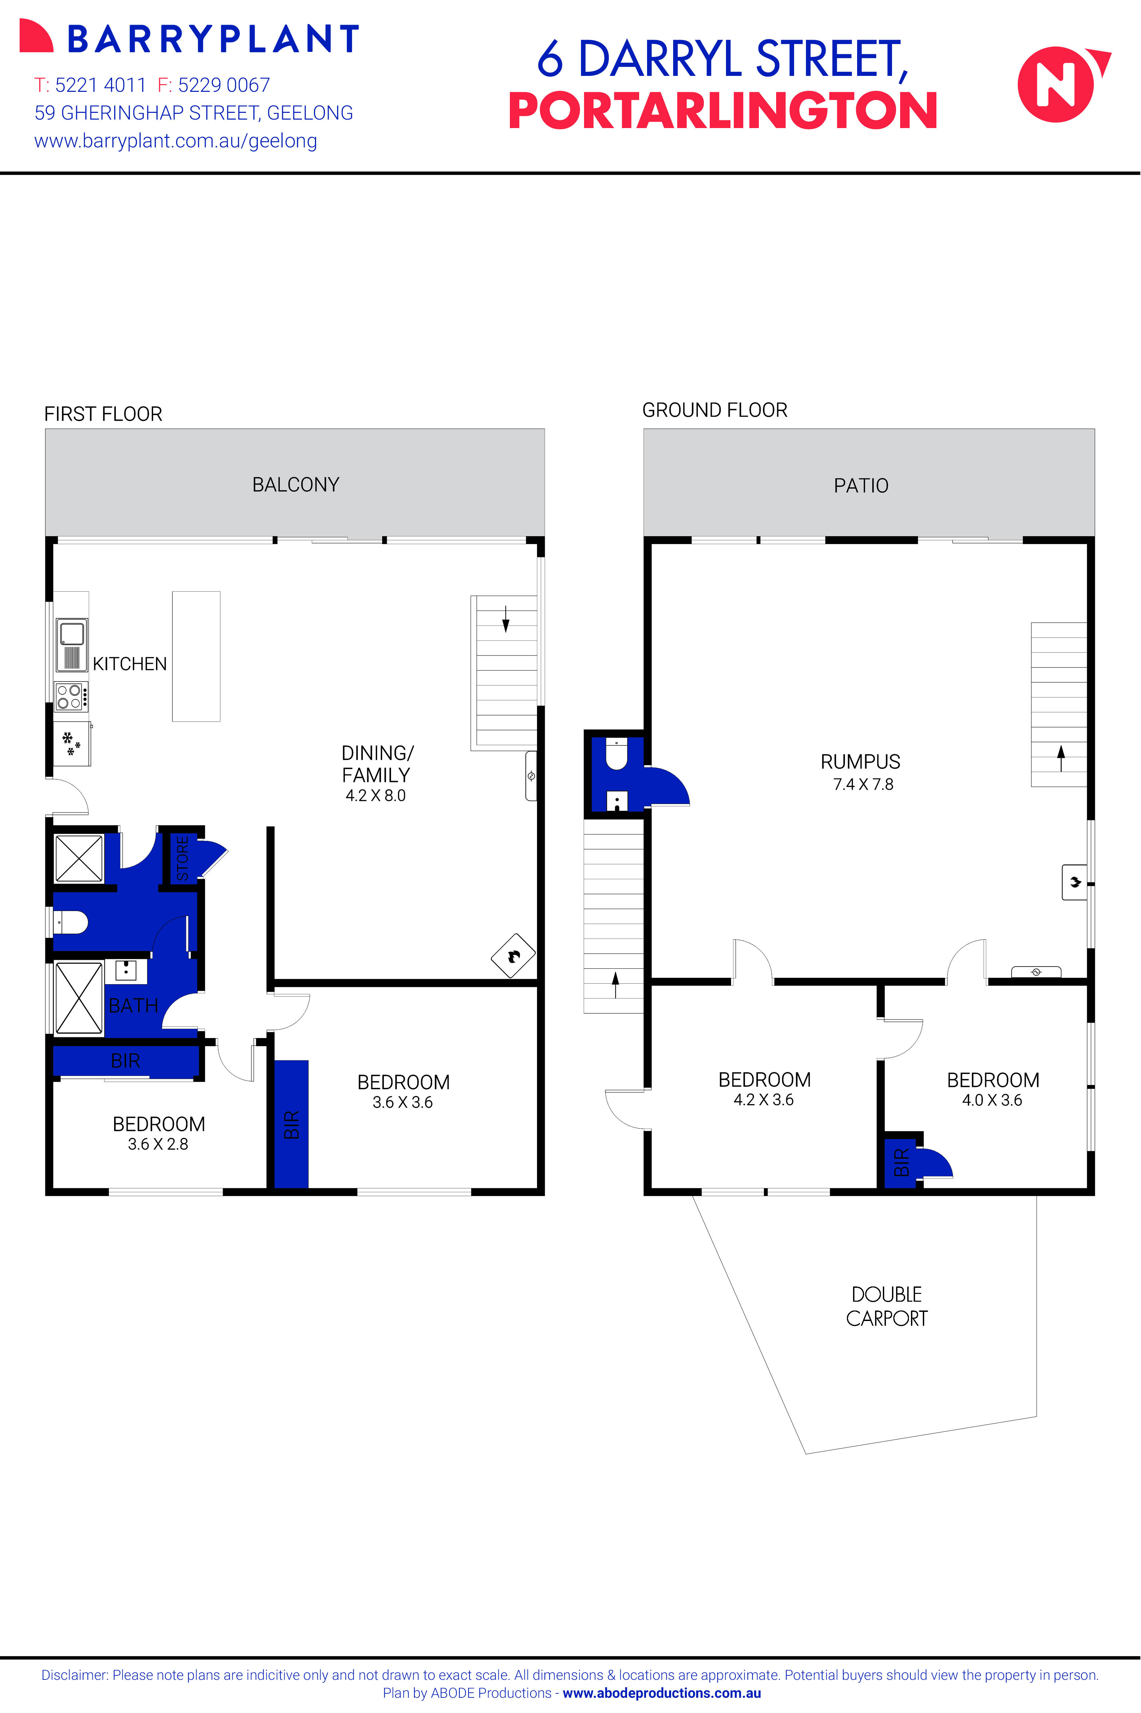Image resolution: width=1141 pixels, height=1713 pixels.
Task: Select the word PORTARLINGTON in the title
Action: (x=723, y=111)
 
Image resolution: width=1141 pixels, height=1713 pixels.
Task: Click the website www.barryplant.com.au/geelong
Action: (x=175, y=141)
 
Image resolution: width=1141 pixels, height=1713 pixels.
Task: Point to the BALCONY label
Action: (x=295, y=484)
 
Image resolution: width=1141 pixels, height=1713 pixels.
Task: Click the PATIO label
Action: (x=861, y=486)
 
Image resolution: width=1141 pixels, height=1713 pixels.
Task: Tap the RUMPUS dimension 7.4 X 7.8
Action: (x=863, y=784)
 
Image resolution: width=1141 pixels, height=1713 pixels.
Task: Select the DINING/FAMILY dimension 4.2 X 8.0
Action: (x=375, y=796)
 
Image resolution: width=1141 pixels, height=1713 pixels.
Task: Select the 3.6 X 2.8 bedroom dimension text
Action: (x=158, y=1144)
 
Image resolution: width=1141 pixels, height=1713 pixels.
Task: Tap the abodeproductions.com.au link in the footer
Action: (x=661, y=1693)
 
